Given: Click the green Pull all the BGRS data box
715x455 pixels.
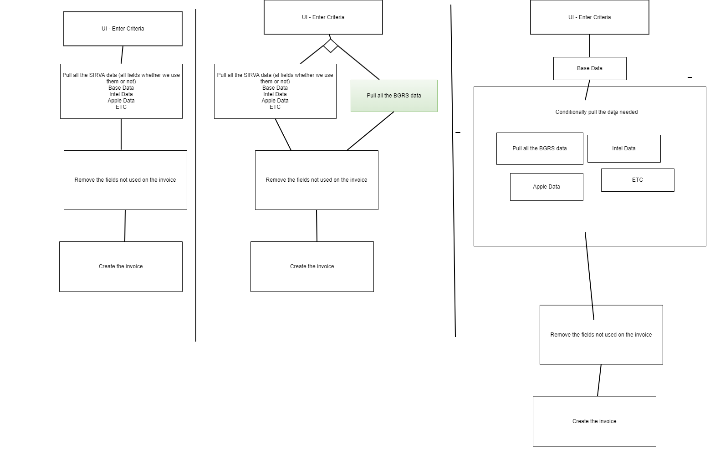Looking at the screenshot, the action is [394, 96].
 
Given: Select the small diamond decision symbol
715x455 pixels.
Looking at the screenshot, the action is [330, 46].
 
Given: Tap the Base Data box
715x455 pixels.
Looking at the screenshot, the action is [590, 68].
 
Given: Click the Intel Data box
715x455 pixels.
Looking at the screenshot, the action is [624, 148].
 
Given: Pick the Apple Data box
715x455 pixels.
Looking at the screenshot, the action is [546, 187].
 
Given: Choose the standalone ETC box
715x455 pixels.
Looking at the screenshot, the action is [638, 180].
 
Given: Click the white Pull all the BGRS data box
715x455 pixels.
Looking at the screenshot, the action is [540, 148].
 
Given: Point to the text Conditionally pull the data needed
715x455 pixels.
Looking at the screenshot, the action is [596, 112].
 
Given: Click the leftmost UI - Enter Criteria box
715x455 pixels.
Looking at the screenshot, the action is [123, 29].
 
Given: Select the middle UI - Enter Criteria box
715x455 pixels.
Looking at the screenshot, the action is [323, 17].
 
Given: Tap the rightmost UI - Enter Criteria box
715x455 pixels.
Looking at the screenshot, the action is [590, 17].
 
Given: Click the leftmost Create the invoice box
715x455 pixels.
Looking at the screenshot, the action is [121, 266].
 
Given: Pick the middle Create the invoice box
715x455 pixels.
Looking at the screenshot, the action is [312, 266].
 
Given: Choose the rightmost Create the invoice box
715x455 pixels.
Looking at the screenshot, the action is [594, 421].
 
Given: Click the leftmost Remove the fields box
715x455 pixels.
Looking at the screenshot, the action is [125, 180].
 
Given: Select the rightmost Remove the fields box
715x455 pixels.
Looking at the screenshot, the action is [601, 335].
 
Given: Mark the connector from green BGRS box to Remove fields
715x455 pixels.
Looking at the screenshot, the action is [370, 131].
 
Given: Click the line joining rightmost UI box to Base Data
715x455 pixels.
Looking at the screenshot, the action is [590, 46].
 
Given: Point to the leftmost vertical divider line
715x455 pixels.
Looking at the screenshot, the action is [196, 175].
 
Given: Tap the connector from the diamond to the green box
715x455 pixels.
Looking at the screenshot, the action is [358, 62].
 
